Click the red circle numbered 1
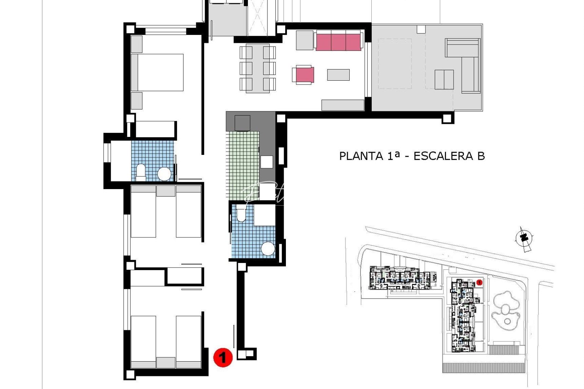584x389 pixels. pyautogui.click(x=223, y=357)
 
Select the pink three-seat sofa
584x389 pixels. pyautogui.click(x=338, y=41)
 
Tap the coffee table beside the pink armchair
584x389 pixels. pyautogui.click(x=338, y=75)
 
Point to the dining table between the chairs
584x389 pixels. pyautogui.click(x=257, y=68)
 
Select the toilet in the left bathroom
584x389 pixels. pyautogui.click(x=141, y=173)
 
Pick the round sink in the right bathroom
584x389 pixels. pyautogui.click(x=268, y=249)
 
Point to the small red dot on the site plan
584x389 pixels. pyautogui.click(x=479, y=283)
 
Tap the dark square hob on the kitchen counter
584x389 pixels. pyautogui.click(x=242, y=123)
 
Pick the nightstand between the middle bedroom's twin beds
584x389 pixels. pyautogui.click(x=166, y=191)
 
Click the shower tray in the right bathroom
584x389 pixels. pyautogui.click(x=265, y=215)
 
